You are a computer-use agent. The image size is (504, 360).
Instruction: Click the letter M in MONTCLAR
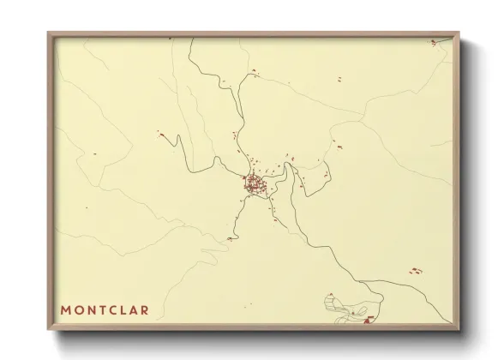pos(65,309)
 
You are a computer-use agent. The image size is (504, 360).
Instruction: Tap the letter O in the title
pos(78,309)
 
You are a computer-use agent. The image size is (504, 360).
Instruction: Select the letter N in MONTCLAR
pos(90,309)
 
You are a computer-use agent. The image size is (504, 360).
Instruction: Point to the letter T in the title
pos(101,309)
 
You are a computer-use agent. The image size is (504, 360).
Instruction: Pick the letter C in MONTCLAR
pos(112,309)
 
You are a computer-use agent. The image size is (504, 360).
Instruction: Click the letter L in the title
pos(123,309)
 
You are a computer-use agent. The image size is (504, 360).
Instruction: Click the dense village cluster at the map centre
pos(254,183)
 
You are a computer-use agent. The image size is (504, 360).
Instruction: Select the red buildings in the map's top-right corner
pos(434,42)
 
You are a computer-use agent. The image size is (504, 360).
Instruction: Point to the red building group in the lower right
pos(416,271)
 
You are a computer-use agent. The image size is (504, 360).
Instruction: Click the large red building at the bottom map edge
pos(369,320)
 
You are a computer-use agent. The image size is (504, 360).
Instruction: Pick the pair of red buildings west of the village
pos(159,133)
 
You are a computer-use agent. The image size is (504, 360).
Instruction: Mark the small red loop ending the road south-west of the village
pos(230,239)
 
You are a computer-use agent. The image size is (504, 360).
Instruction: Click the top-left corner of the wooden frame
pos(49,33)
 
